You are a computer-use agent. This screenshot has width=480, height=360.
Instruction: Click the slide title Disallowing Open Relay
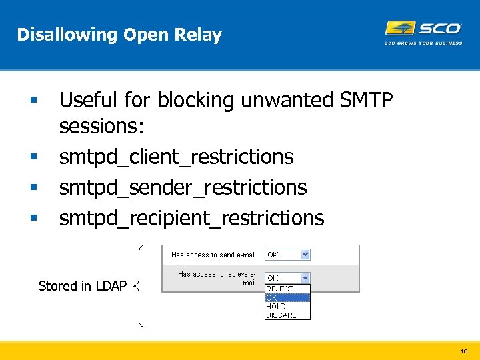119,35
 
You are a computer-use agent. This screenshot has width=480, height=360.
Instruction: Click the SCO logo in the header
423,29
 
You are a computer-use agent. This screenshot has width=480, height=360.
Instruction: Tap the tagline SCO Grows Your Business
423,43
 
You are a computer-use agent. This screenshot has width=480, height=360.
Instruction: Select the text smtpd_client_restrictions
176,157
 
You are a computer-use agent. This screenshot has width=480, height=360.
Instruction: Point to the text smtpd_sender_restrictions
183,187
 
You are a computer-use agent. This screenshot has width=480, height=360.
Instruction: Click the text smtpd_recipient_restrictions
191,218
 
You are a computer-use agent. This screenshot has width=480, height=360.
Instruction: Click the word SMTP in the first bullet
367,100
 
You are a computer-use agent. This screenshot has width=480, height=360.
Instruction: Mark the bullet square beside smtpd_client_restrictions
33,157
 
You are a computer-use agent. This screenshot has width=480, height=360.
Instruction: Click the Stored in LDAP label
83,286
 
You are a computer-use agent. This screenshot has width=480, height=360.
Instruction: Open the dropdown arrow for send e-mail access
305,255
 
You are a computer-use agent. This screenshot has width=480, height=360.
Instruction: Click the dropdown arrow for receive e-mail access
305,277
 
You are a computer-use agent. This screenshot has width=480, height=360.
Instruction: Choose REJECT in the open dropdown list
280,289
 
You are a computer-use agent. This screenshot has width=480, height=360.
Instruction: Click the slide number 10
464,351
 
